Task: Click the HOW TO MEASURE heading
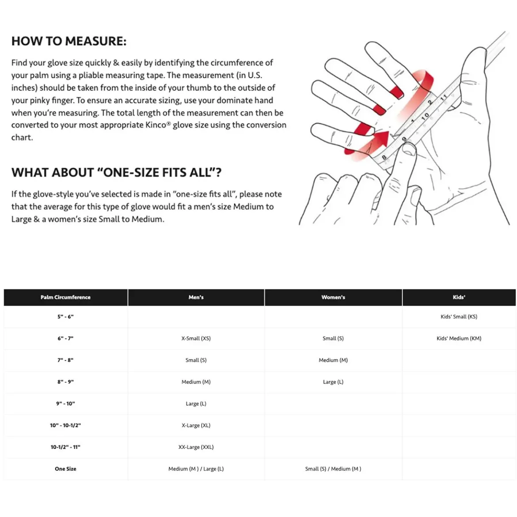pyautogui.click(x=69, y=41)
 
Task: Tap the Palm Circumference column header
pyautogui.click(x=65, y=297)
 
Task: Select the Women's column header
pyautogui.click(x=333, y=297)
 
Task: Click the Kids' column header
pyautogui.click(x=459, y=297)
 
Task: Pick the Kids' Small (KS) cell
pyautogui.click(x=459, y=316)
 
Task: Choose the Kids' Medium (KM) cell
pyautogui.click(x=459, y=338)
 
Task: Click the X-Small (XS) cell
pyautogui.click(x=196, y=338)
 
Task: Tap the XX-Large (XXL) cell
pyautogui.click(x=196, y=447)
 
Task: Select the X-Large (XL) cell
pyautogui.click(x=196, y=426)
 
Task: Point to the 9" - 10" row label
pyautogui.click(x=65, y=403)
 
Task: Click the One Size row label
pyautogui.click(x=65, y=469)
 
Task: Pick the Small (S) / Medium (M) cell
pyautogui.click(x=333, y=469)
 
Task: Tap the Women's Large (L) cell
pyautogui.click(x=333, y=382)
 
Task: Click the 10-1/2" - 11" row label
pyautogui.click(x=65, y=447)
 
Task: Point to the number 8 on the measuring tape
pyautogui.click(x=384, y=157)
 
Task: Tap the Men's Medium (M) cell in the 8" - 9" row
pyautogui.click(x=196, y=382)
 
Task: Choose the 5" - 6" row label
pyautogui.click(x=65, y=316)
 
